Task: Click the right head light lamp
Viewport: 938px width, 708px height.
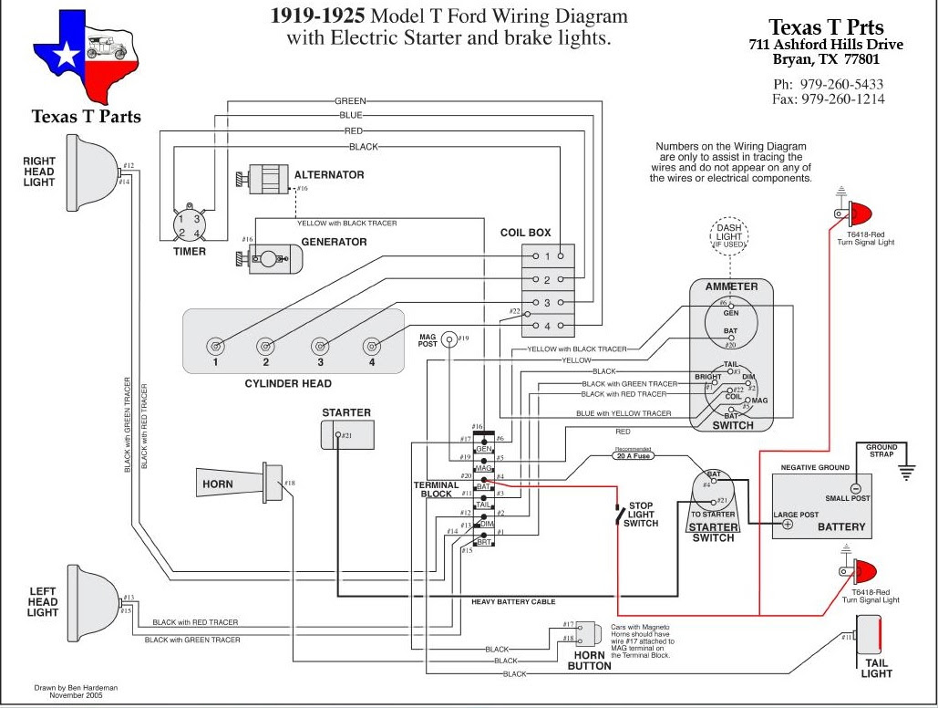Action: [92, 171]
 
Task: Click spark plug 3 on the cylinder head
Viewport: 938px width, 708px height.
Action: [319, 347]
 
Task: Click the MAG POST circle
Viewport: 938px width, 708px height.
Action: [449, 340]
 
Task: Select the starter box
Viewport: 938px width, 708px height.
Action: [346, 435]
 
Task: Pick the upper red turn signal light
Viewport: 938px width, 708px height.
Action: [858, 215]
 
